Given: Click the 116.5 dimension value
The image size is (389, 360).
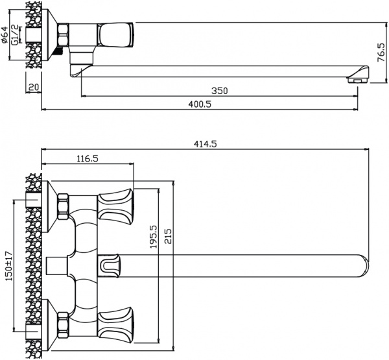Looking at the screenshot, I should pyautogui.click(x=87, y=158).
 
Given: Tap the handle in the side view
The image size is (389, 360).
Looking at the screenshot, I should pyautogui.click(x=116, y=34).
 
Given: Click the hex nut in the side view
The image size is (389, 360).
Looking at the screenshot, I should pyautogui.click(x=64, y=34).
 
